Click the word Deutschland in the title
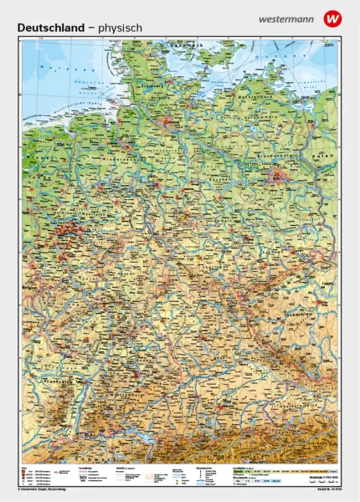pos(50,28)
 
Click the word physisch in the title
pos(120,28)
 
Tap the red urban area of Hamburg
pos(167,125)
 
